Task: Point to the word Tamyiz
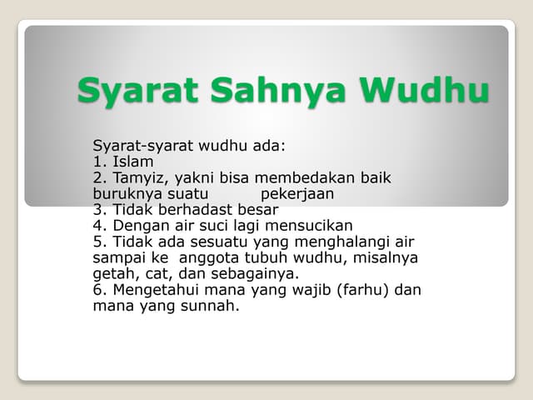138,177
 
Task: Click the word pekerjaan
297,193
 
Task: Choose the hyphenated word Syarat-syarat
142,146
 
